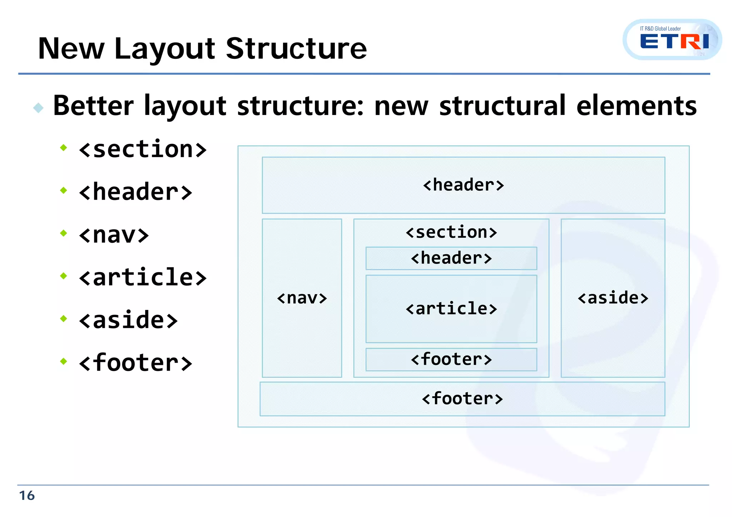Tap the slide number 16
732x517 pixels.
point(27,496)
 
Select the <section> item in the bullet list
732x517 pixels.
point(143,149)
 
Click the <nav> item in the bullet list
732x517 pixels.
point(114,235)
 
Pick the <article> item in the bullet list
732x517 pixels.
point(143,277)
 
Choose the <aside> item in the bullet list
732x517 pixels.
point(128,320)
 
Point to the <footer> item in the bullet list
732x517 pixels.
point(135,363)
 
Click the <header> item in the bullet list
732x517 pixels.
point(135,192)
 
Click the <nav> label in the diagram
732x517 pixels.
point(302,298)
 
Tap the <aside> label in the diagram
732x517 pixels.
point(613,298)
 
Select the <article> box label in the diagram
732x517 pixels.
point(451,308)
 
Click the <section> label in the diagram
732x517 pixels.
point(451,232)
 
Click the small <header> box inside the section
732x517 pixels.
point(451,258)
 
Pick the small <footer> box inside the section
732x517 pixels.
point(451,359)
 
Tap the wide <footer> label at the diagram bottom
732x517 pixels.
point(462,398)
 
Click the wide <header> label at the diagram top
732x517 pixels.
point(463,185)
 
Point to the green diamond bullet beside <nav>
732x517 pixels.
point(64,233)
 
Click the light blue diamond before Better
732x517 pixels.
point(38,107)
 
